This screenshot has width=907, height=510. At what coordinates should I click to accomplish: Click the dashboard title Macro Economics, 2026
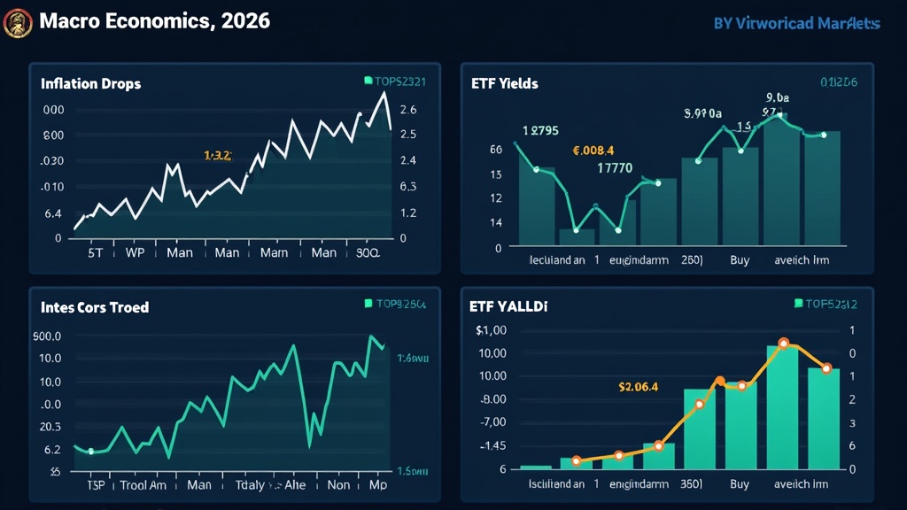point(155,21)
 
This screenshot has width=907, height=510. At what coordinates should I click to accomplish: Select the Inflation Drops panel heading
point(90,83)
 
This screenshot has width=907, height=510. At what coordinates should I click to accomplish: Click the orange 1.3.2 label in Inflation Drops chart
point(217,155)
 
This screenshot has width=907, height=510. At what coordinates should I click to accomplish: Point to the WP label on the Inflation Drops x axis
point(135,252)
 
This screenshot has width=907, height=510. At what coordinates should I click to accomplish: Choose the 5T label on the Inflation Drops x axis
point(96,252)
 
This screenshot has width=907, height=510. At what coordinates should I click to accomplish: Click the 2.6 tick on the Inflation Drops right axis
point(408,110)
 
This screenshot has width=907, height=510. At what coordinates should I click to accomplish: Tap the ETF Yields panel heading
point(504,83)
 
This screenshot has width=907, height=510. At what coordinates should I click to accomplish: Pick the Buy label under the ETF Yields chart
point(740,261)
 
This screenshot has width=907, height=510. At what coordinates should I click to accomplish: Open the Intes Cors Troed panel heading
point(95,307)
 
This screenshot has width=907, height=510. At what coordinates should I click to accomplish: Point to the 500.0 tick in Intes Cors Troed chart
point(46,336)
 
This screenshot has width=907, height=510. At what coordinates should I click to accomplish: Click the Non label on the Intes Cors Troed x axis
point(338,485)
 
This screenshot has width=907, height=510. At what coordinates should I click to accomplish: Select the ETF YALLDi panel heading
point(508,307)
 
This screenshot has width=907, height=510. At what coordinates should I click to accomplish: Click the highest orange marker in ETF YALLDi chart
point(784,343)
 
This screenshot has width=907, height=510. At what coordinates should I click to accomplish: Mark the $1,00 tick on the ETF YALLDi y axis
point(491,330)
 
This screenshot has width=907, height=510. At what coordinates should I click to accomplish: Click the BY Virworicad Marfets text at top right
point(796,24)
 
